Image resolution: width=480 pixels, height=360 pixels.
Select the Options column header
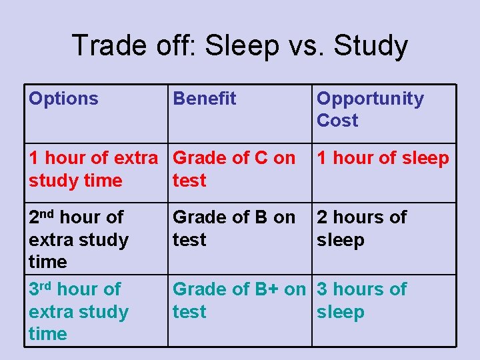pos(63,99)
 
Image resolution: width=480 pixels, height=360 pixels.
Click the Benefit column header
pos(205,99)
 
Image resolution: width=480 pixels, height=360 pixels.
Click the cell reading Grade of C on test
pos(234,169)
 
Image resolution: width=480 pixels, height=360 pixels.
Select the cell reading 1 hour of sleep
pos(383,159)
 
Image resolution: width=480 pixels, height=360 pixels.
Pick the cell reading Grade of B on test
pos(234,228)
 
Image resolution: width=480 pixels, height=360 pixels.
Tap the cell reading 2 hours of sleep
pos(362,228)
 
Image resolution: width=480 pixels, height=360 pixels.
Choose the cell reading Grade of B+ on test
pos(239,300)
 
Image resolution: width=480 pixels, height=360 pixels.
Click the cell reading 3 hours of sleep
pos(362,300)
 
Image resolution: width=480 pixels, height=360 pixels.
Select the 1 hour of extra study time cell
pos(93,169)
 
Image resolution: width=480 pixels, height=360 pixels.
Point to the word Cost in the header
pos(337,121)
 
